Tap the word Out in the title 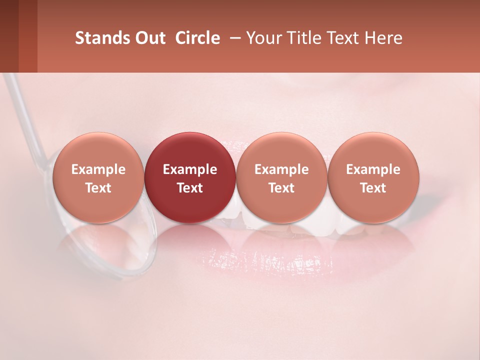[x=149, y=38]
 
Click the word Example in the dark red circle [x=190, y=169]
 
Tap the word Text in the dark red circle [x=190, y=188]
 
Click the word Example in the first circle [x=98, y=169]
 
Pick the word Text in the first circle [x=98, y=188]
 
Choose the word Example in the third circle [x=281, y=169]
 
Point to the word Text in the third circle [x=281, y=188]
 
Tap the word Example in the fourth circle [x=373, y=169]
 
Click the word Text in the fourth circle [x=373, y=188]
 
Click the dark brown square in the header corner [x=9, y=36]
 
